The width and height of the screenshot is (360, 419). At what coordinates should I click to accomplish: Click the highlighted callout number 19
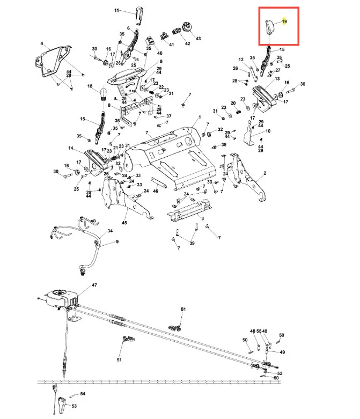(x=284, y=21)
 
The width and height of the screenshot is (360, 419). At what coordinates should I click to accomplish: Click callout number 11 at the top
(x=116, y=10)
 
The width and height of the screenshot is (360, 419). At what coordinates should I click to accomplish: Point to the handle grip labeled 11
(x=139, y=16)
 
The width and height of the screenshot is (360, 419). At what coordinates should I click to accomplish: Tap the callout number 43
(x=198, y=39)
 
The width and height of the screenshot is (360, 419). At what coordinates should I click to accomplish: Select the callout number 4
(x=42, y=43)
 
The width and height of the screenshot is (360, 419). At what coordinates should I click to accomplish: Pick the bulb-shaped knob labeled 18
(x=103, y=94)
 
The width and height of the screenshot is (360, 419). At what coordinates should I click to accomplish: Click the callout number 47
(x=94, y=285)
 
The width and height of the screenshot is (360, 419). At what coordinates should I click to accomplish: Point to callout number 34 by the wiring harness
(x=110, y=231)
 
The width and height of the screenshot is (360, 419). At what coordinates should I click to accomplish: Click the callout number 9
(x=117, y=242)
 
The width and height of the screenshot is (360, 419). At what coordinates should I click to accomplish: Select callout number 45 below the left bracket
(x=124, y=223)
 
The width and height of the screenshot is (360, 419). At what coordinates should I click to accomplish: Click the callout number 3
(x=203, y=218)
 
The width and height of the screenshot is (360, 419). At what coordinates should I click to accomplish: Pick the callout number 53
(x=74, y=406)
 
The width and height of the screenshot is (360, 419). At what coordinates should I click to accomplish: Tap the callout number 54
(x=83, y=394)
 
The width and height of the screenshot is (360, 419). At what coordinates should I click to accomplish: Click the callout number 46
(x=156, y=191)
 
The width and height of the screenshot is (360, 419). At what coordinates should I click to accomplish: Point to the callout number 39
(x=192, y=244)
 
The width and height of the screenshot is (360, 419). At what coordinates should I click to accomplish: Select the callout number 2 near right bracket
(x=265, y=173)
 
